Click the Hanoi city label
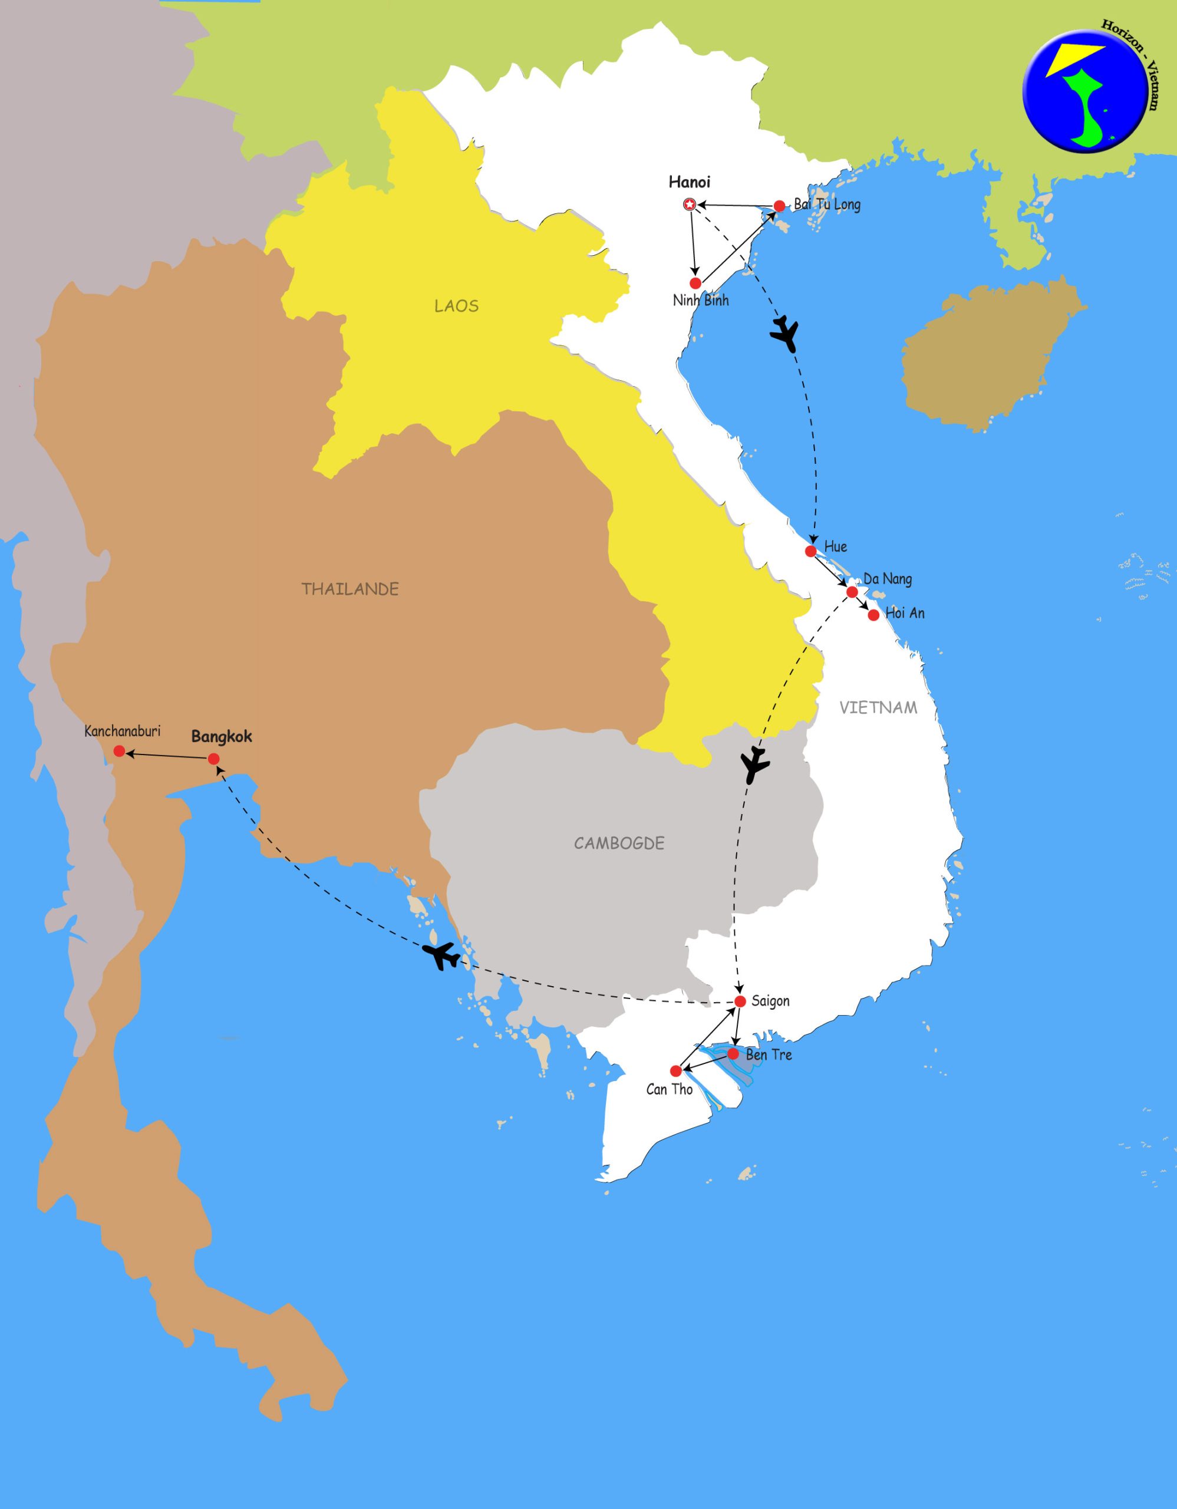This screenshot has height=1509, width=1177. tap(690, 182)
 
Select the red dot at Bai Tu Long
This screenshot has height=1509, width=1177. tap(779, 206)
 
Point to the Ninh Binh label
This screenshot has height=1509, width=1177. tap(700, 301)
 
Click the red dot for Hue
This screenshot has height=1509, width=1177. tap(811, 551)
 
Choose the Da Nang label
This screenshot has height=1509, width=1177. tap(887, 578)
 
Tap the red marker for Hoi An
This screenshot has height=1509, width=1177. tap(874, 615)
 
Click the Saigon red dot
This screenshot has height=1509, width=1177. tap(740, 1001)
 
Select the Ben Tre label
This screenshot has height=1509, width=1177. tap(769, 1055)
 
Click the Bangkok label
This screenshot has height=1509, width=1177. tap(222, 737)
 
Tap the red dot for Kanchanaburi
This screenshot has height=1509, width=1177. tap(119, 751)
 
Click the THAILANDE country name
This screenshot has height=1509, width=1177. tap(350, 589)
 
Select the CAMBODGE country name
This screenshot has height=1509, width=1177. tap(619, 843)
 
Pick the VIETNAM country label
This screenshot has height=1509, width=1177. tap(879, 707)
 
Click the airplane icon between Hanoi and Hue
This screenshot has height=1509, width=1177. tap(784, 334)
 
